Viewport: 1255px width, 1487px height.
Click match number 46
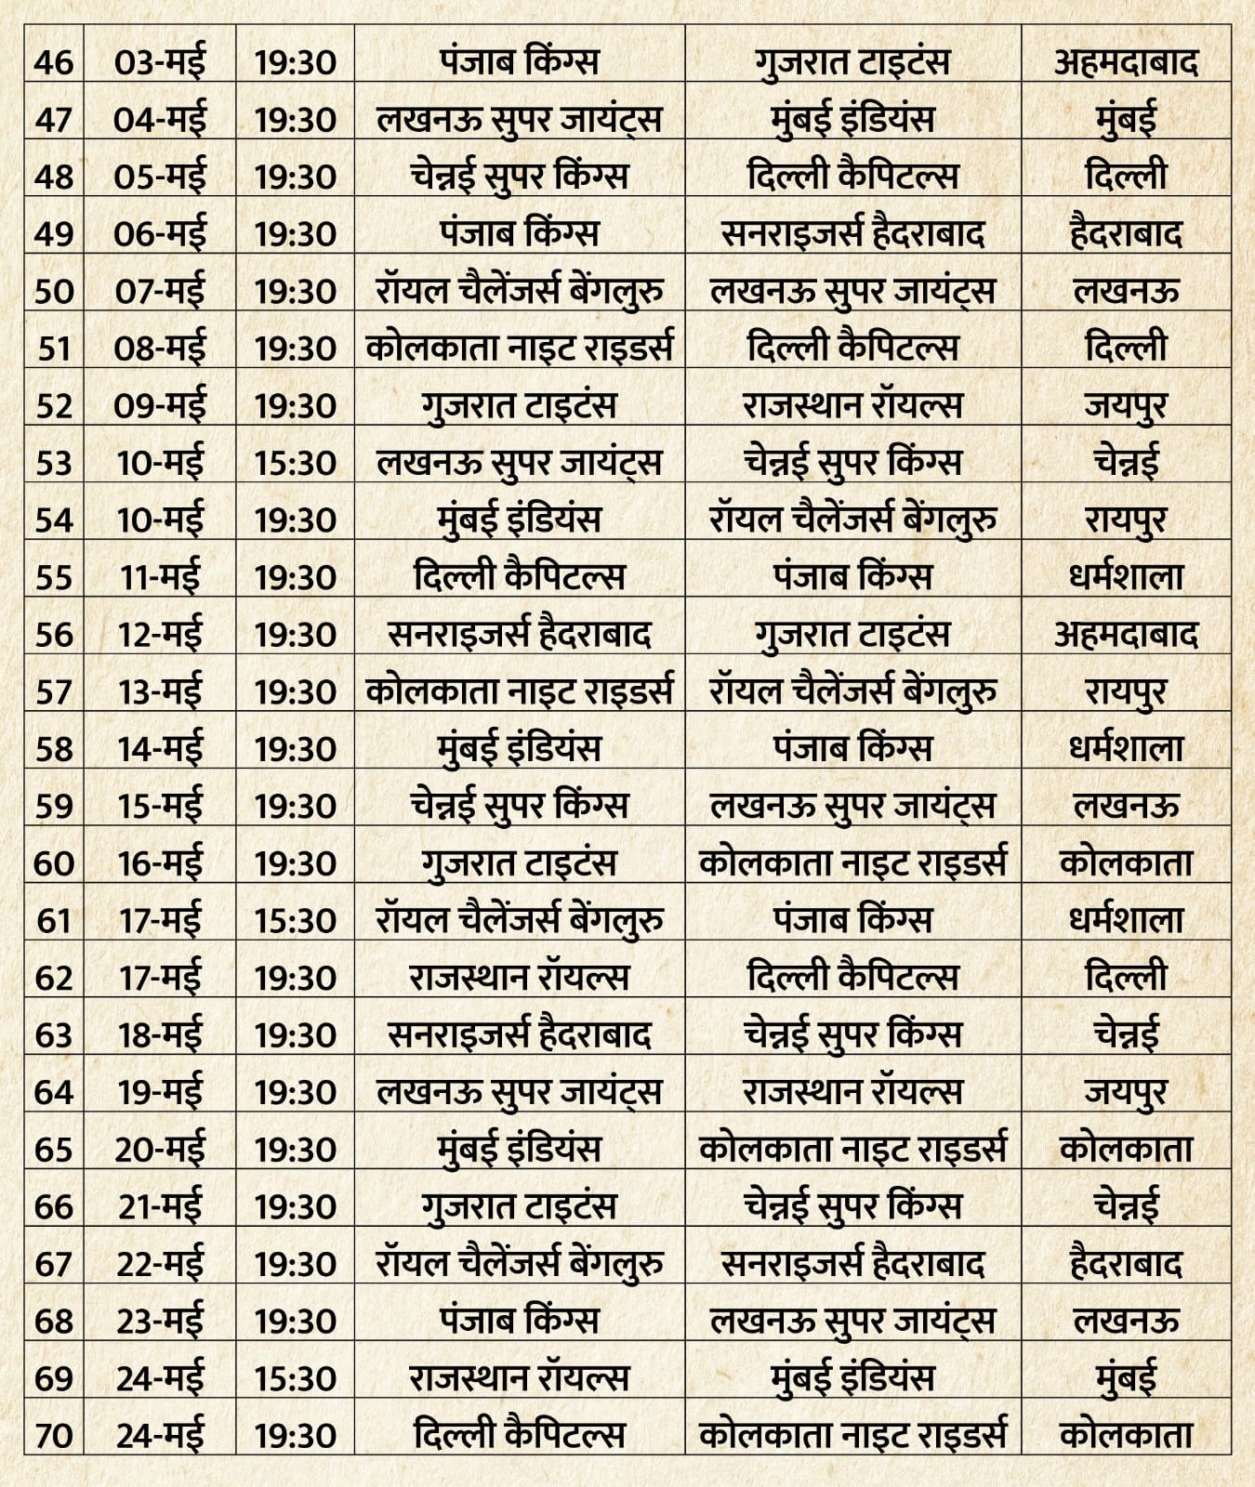tap(53, 62)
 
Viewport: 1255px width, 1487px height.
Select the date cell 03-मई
tap(160, 62)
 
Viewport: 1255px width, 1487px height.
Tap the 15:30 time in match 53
tap(295, 463)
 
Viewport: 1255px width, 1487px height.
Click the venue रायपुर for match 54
tap(1126, 520)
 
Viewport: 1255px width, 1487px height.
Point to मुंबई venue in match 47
tap(1126, 120)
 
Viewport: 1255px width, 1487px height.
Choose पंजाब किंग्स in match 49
tap(519, 233)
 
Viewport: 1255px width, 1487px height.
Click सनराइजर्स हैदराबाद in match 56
tap(519, 635)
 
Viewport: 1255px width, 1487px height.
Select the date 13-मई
tap(160, 691)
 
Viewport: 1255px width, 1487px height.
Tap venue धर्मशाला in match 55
tap(1126, 577)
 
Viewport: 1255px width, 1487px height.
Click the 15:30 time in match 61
tap(295, 920)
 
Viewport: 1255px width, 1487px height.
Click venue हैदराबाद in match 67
tap(1126, 1264)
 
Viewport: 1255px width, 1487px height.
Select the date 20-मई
tap(160, 1150)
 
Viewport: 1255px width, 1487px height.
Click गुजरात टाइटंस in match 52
tap(519, 405)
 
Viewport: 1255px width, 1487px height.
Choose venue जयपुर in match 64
tap(1126, 1092)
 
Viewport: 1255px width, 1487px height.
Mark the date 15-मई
tap(160, 806)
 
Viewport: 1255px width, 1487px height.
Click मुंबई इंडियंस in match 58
tap(519, 749)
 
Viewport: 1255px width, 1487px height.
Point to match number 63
tap(53, 1034)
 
